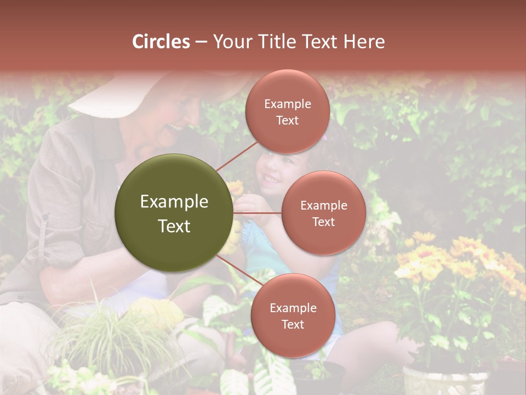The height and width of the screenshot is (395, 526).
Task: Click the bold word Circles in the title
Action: pyautogui.click(x=161, y=42)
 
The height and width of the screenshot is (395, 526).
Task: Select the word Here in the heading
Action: pyautogui.click(x=364, y=42)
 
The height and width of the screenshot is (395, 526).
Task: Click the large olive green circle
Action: pyautogui.click(x=174, y=213)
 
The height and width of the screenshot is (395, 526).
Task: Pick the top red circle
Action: pyautogui.click(x=288, y=111)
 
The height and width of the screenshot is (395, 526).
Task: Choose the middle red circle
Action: pyautogui.click(x=324, y=213)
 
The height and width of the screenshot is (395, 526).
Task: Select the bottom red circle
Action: pyautogui.click(x=293, y=315)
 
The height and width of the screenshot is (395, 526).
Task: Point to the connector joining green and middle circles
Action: pyautogui.click(x=258, y=213)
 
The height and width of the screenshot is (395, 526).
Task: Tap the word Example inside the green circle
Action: pyautogui.click(x=174, y=202)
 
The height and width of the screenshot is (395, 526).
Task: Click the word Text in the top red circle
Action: pyautogui.click(x=288, y=120)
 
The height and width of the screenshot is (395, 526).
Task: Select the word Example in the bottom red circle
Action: pyautogui.click(x=293, y=308)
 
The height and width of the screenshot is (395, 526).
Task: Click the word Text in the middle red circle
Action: pyautogui.click(x=324, y=222)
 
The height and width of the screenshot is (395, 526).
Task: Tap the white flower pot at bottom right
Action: pyautogui.click(x=445, y=381)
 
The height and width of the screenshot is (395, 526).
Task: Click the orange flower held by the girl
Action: pyautogui.click(x=236, y=188)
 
